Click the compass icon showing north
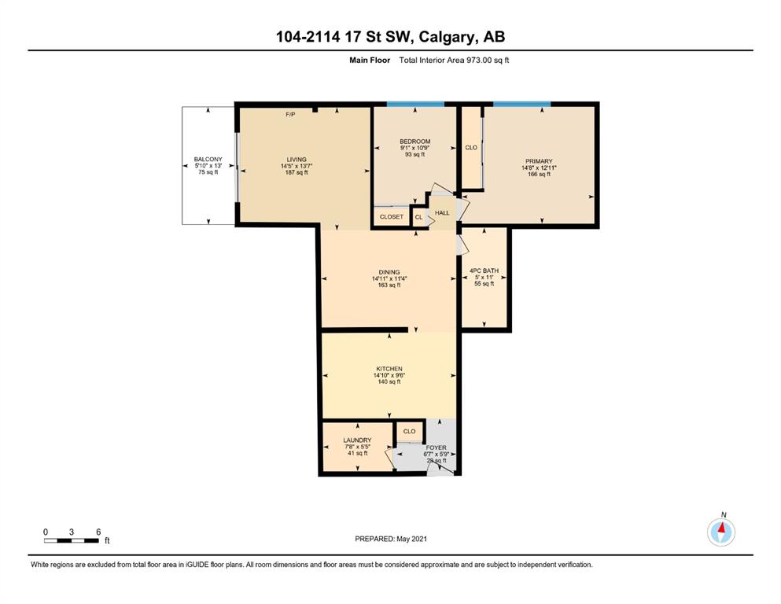pos(720,532)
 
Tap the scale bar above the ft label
pos(72,540)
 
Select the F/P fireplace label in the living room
pos(290,115)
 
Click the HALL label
pos(442,212)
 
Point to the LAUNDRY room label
pos(357,440)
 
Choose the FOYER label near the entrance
pos(436,447)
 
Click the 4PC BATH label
pos(484,271)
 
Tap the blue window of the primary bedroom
pos(522,104)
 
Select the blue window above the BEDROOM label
pos(415,104)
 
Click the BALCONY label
pos(208,160)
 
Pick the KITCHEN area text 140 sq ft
pos(389,382)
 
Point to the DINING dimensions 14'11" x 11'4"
pos(389,279)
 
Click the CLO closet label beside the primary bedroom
pos(471,147)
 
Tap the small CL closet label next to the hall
pos(419,217)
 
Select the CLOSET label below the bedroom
pos(392,216)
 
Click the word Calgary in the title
pos(446,37)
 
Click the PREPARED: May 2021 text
pos(391,539)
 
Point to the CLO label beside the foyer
pos(410,431)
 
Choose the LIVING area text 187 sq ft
pos(297,172)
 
